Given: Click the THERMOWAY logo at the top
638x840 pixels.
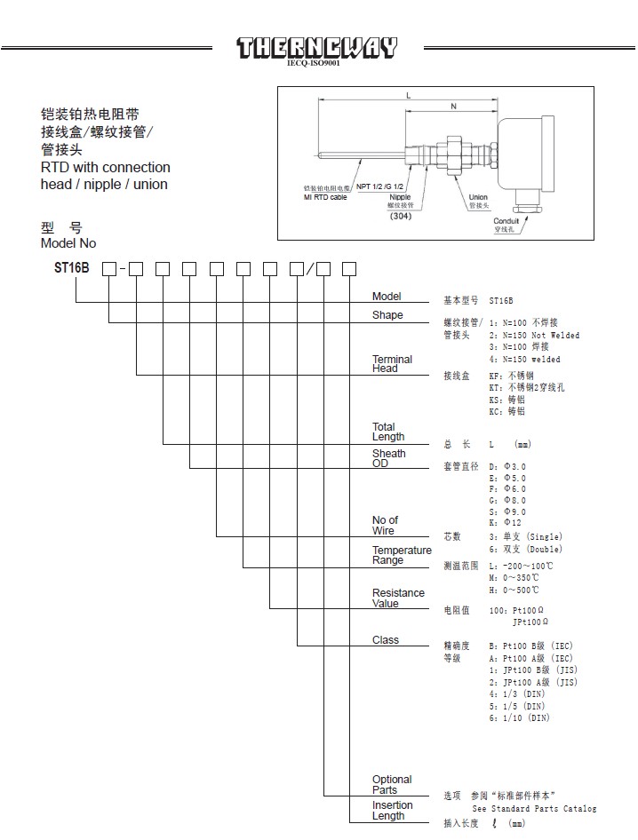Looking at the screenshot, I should tap(317, 47).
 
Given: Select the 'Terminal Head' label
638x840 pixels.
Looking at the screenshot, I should tap(392, 364).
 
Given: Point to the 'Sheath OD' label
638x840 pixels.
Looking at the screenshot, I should tap(388, 458).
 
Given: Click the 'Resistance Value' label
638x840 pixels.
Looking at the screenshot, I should tap(398, 598).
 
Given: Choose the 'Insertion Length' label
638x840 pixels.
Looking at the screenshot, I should tap(392, 811).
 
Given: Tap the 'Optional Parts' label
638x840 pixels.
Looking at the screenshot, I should tap(392, 785).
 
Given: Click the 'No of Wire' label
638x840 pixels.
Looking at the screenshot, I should tap(385, 526).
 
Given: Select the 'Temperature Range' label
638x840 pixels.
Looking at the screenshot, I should tap(402, 555).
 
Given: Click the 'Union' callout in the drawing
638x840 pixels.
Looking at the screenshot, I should tap(478, 196).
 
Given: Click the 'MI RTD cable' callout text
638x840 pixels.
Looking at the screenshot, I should tap(325, 197).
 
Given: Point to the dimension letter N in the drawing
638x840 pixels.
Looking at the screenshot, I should tap(453, 106).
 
